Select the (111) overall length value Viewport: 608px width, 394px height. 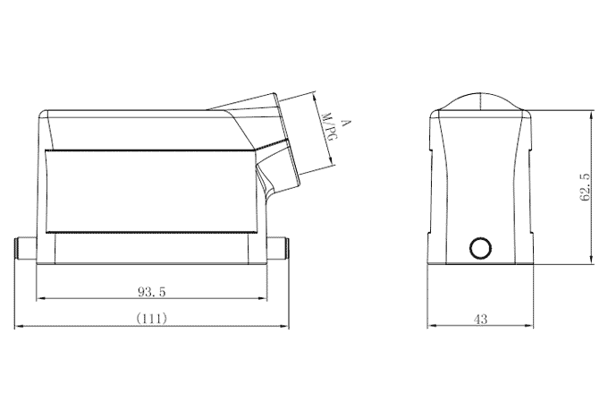151,318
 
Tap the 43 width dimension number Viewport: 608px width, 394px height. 481,318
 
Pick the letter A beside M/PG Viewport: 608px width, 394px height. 345,123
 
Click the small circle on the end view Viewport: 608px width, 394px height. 481,248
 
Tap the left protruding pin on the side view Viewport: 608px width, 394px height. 25,248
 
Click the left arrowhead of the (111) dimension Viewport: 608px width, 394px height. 19,327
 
